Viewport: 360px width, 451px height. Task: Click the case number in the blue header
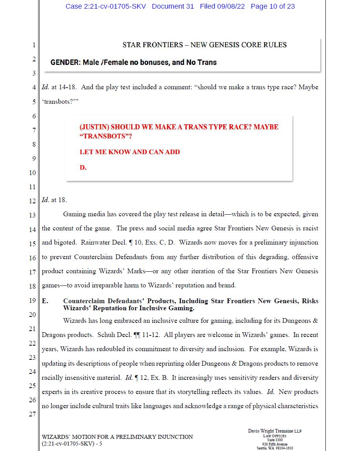point(105,6)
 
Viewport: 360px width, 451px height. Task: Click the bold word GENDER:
point(65,63)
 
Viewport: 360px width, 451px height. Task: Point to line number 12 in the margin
point(32,201)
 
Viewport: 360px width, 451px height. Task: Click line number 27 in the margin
point(32,414)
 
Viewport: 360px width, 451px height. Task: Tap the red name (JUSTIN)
point(94,127)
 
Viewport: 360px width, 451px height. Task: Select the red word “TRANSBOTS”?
point(106,136)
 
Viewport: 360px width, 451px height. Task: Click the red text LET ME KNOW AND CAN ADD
point(130,152)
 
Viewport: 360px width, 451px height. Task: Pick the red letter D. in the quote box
point(83,168)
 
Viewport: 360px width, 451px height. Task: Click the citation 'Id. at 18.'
point(54,200)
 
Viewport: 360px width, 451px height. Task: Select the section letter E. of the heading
point(45,301)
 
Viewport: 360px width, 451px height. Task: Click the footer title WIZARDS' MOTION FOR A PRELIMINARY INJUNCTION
point(117,437)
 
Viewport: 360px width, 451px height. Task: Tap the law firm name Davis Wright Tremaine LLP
point(275,431)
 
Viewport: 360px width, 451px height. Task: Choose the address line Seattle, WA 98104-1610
point(275,448)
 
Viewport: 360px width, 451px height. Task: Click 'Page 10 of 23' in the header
point(272,6)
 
